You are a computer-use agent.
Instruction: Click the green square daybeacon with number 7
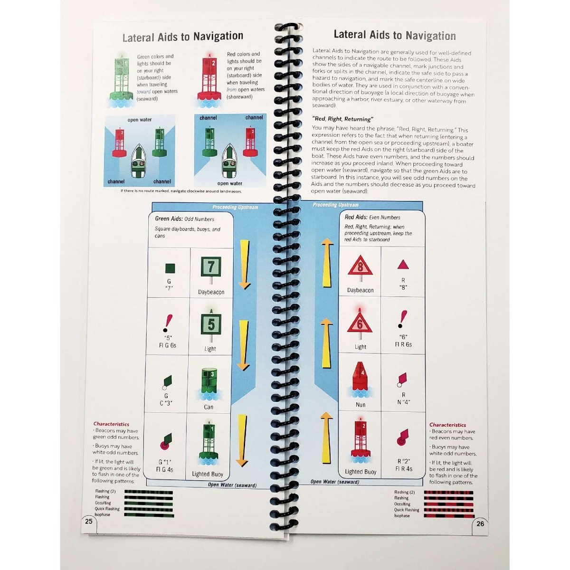pyautogui.click(x=211, y=267)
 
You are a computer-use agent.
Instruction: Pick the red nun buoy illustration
pyautogui.click(x=361, y=380)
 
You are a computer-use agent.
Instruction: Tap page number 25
pyautogui.click(x=89, y=521)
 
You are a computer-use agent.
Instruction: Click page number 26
pyautogui.click(x=480, y=523)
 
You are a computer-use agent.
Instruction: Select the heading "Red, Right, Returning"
pyautogui.click(x=342, y=119)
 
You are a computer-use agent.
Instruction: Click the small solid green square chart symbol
pyautogui.click(x=170, y=268)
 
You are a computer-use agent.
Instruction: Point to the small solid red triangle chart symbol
pyautogui.click(x=403, y=265)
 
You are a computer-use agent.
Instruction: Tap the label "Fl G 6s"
pyautogui.click(x=167, y=345)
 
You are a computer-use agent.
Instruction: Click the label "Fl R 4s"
pyautogui.click(x=404, y=468)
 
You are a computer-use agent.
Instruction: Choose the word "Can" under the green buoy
pyautogui.click(x=209, y=407)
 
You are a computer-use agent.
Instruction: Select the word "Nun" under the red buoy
pyautogui.click(x=361, y=405)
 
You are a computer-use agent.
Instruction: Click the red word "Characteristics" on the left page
pyautogui.click(x=111, y=424)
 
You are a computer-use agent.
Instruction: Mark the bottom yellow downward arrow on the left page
pyautogui.click(x=242, y=440)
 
